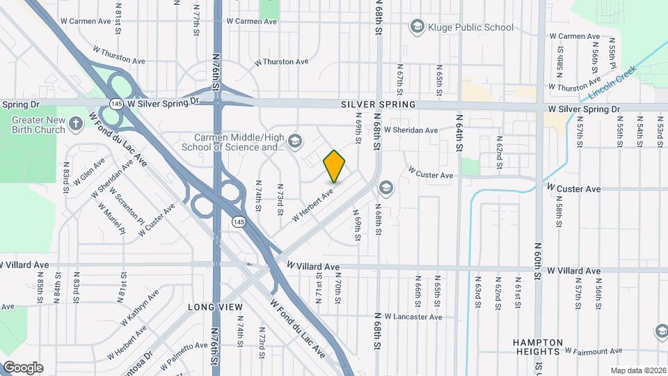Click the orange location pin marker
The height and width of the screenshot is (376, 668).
335,166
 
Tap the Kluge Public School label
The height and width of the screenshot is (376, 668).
472,27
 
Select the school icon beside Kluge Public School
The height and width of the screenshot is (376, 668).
417,27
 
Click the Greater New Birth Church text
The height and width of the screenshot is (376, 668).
38,125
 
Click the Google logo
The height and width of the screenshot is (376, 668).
23,368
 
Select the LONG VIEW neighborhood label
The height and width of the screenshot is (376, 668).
216,307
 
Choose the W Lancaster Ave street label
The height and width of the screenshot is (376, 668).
411,317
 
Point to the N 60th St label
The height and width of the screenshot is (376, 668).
538,260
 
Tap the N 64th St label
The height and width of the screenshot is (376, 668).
460,132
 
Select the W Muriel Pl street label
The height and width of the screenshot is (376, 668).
111,218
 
